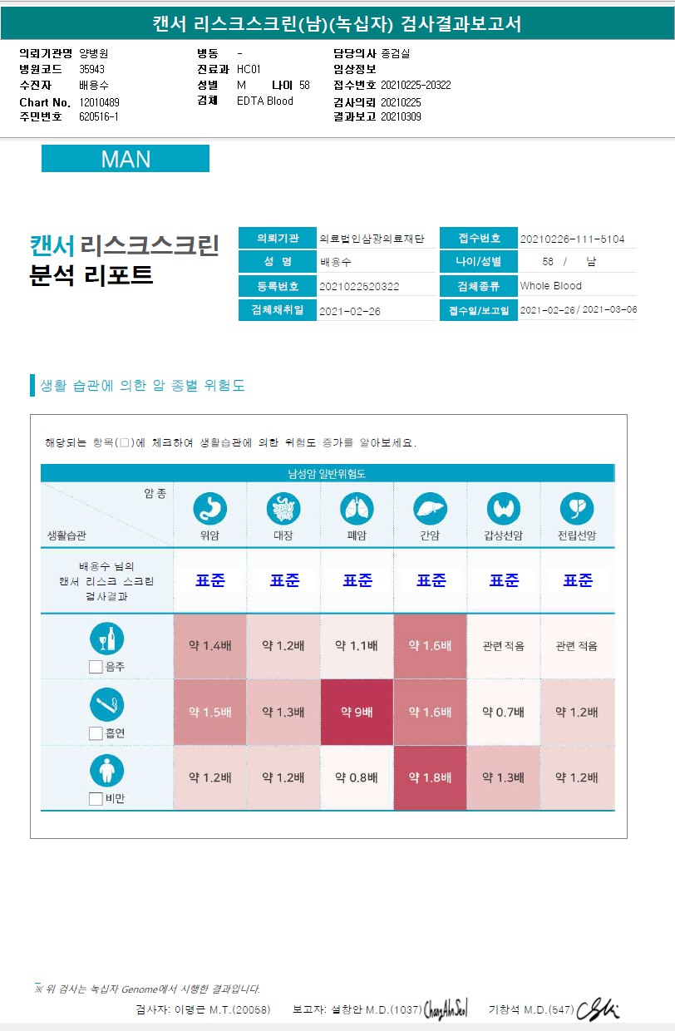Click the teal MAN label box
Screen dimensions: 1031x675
coord(126,159)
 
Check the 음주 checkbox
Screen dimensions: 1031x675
coord(96,666)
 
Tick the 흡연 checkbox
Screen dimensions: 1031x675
coord(96,733)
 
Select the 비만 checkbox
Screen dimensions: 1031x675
coord(96,799)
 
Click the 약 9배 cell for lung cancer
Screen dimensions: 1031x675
coord(357,713)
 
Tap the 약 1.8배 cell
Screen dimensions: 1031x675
coord(430,778)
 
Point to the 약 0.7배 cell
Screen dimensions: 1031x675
coord(503,713)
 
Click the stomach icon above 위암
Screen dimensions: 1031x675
coord(209,508)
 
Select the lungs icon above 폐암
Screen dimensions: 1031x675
coord(357,508)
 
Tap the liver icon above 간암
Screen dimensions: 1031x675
coord(430,508)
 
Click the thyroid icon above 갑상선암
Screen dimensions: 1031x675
coord(503,508)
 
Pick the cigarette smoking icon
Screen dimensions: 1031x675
coord(106,705)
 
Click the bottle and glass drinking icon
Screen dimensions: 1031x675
coord(106,639)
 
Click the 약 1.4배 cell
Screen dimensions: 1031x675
coord(209,646)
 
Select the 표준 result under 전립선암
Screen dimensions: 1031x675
coord(577,580)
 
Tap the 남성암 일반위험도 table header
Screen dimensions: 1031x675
coord(327,474)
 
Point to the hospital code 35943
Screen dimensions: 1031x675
coord(91,70)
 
